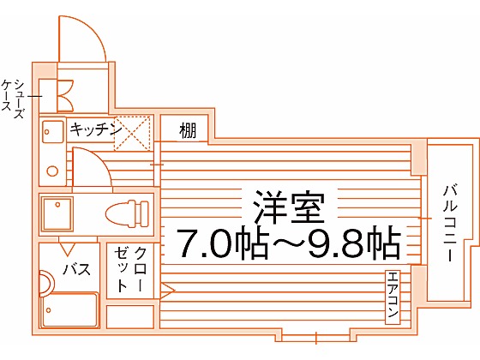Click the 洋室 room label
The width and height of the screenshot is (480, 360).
[289, 207]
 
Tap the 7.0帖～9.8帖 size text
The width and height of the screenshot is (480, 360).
[290, 243]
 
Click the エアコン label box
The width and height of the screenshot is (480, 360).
[393, 297]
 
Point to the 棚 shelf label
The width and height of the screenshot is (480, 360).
[188, 130]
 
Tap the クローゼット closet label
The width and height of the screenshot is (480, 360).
[130, 269]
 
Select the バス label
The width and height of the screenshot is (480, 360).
[76, 269]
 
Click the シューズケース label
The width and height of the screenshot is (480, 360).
[13, 99]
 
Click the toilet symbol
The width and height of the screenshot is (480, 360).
[127, 214]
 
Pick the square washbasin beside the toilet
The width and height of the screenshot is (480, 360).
[57, 214]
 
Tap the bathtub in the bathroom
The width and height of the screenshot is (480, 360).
[69, 309]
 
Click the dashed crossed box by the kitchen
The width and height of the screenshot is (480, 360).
[132, 134]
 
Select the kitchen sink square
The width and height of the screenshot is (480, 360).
[52, 132]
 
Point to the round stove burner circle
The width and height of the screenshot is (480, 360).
[52, 171]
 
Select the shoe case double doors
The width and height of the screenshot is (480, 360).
[65, 95]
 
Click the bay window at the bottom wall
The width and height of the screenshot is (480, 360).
[316, 338]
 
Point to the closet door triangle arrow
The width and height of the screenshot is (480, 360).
[167, 291]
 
